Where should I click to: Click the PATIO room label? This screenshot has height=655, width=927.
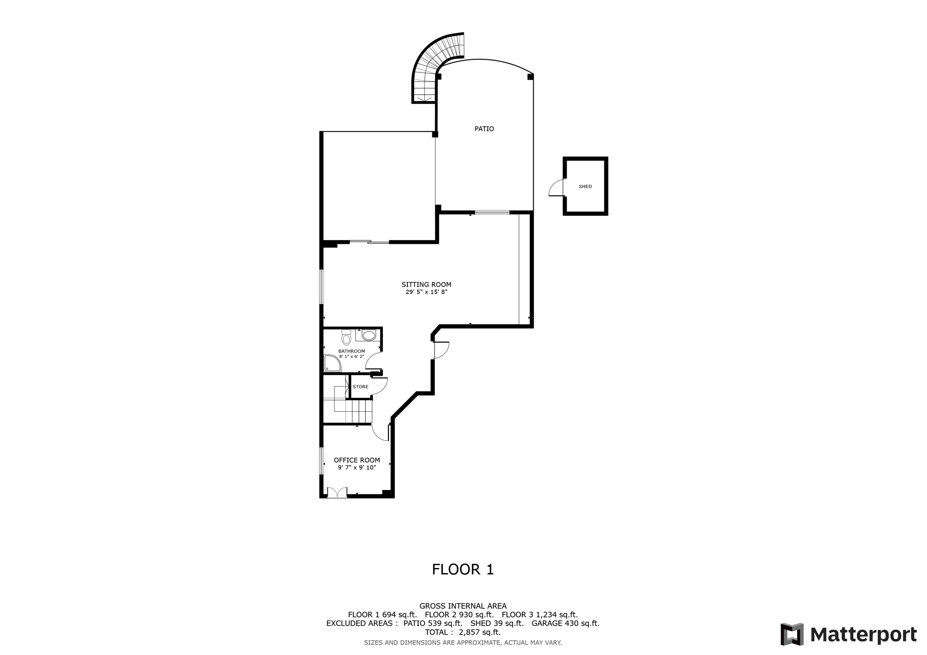click(484, 129)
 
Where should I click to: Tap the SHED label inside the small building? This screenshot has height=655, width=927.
click(585, 186)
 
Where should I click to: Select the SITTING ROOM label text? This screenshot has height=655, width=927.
click(426, 285)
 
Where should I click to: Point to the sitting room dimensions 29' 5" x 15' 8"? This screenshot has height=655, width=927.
click(426, 292)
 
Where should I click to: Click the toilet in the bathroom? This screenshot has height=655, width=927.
click(346, 337)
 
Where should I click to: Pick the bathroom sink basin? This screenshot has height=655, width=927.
click(369, 335)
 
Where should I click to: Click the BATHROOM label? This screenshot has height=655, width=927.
click(351, 351)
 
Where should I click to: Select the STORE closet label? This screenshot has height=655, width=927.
click(360, 387)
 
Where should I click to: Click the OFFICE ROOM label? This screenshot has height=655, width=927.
click(357, 460)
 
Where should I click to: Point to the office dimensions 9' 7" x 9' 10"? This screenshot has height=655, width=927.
click(357, 468)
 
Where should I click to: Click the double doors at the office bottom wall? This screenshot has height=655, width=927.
click(337, 493)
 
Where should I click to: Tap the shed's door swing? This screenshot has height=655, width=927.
click(556, 188)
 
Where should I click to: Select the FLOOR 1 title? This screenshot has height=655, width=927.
click(463, 570)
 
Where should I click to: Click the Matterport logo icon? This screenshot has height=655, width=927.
click(792, 634)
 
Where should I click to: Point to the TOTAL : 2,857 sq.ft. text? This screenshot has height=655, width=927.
click(463, 632)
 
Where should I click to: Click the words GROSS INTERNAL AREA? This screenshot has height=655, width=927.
click(463, 606)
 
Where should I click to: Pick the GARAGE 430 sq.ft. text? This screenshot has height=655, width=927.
click(565, 623)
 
